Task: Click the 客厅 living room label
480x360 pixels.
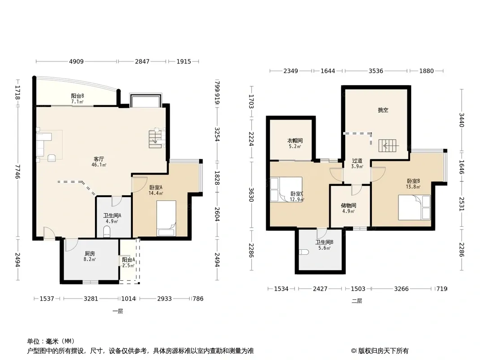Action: tap(99, 159)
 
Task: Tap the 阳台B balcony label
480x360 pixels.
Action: tap(77, 96)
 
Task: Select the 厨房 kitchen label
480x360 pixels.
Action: tap(90, 253)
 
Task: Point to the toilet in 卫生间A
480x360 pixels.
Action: tap(107, 232)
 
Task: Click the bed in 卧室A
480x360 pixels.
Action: tap(166, 218)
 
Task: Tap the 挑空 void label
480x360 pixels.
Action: tap(383, 110)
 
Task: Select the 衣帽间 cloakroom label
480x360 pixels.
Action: tap(295, 141)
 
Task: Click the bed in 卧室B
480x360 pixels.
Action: tap(414, 207)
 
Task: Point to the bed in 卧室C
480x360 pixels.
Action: tap(286, 189)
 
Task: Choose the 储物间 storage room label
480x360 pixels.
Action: tap(349, 206)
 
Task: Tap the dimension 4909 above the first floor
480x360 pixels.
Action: tap(76, 62)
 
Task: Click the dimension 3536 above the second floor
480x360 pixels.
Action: tap(376, 71)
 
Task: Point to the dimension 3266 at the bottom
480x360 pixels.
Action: tap(401, 289)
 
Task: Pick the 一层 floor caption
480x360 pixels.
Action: tap(118, 311)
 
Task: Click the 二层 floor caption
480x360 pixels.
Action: tap(357, 301)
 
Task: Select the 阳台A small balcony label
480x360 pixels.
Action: tap(128, 260)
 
